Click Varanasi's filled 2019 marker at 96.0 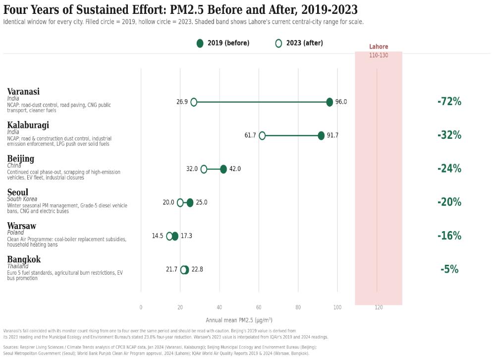pos(329,102)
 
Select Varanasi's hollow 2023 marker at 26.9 pos(194,102)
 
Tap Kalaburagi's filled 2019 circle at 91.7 pos(321,135)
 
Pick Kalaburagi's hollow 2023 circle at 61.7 pos(262,135)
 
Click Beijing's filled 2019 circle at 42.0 pos(223,169)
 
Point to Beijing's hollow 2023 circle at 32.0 pos(204,169)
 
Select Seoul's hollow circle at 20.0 pos(180,203)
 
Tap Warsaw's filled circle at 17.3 pos(175,236)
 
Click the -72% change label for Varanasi pos(449,102)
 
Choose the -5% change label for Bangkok pos(449,269)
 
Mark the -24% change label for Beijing pos(449,169)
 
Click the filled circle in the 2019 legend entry pos(200,44)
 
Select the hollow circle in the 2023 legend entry pos(278,44)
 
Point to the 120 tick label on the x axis pos(379,307)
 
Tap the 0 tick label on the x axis pos(141,307)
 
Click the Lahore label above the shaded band pos(379,47)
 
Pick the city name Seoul pos(18,192)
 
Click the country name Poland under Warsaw pos(15,233)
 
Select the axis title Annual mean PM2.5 pos(239,320)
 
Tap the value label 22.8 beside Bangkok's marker pos(197,270)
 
